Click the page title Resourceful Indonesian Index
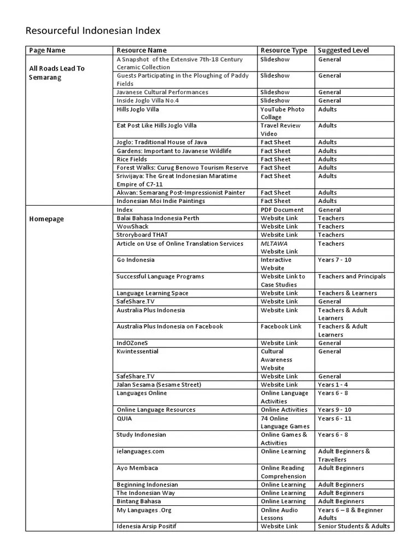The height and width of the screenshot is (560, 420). click(93, 31)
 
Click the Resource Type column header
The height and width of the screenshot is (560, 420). click(284, 50)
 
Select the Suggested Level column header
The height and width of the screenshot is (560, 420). click(343, 50)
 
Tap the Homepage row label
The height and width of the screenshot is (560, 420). click(46, 219)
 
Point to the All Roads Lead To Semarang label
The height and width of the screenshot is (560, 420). click(57, 73)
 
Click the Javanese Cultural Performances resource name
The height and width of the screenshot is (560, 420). click(162, 92)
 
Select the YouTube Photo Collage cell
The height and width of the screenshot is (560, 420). click(283, 113)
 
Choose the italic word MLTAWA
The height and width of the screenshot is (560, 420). click(274, 243)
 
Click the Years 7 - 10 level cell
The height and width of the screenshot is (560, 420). click(335, 260)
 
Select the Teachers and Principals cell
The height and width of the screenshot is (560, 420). click(352, 276)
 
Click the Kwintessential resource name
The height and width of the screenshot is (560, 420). click(137, 351)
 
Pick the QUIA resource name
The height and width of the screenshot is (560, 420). click(124, 418)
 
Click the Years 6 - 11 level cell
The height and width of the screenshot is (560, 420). click(335, 418)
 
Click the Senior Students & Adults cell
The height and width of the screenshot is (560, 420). click(354, 526)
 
